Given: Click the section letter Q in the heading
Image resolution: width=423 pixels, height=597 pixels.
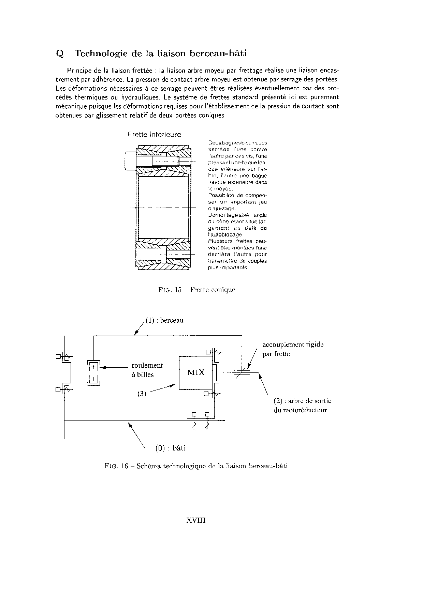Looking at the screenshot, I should coord(59,54).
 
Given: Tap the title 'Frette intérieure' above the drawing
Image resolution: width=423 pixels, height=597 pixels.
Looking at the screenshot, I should coord(154,135).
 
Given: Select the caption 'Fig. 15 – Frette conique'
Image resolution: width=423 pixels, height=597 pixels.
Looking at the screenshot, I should coord(197,290).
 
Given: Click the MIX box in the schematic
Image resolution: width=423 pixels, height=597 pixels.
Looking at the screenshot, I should coord(196,372).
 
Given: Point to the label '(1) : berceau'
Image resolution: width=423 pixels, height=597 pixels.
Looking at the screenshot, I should coord(164,320).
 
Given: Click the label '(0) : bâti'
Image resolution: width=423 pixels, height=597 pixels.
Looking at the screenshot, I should coord(171,448).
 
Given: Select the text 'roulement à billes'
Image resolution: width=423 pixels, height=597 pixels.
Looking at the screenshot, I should coord(147,370).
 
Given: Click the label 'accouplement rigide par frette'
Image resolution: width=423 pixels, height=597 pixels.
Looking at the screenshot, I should coord(293,349).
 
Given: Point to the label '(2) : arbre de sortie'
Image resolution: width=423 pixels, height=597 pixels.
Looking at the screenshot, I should coord(302,401).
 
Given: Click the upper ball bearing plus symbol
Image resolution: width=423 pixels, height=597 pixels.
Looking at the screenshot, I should coord(93,367).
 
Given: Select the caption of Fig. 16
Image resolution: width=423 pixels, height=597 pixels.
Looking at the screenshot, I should coord(196,466).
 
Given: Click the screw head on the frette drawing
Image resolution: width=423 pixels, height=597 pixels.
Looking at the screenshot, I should coord(130,160).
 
